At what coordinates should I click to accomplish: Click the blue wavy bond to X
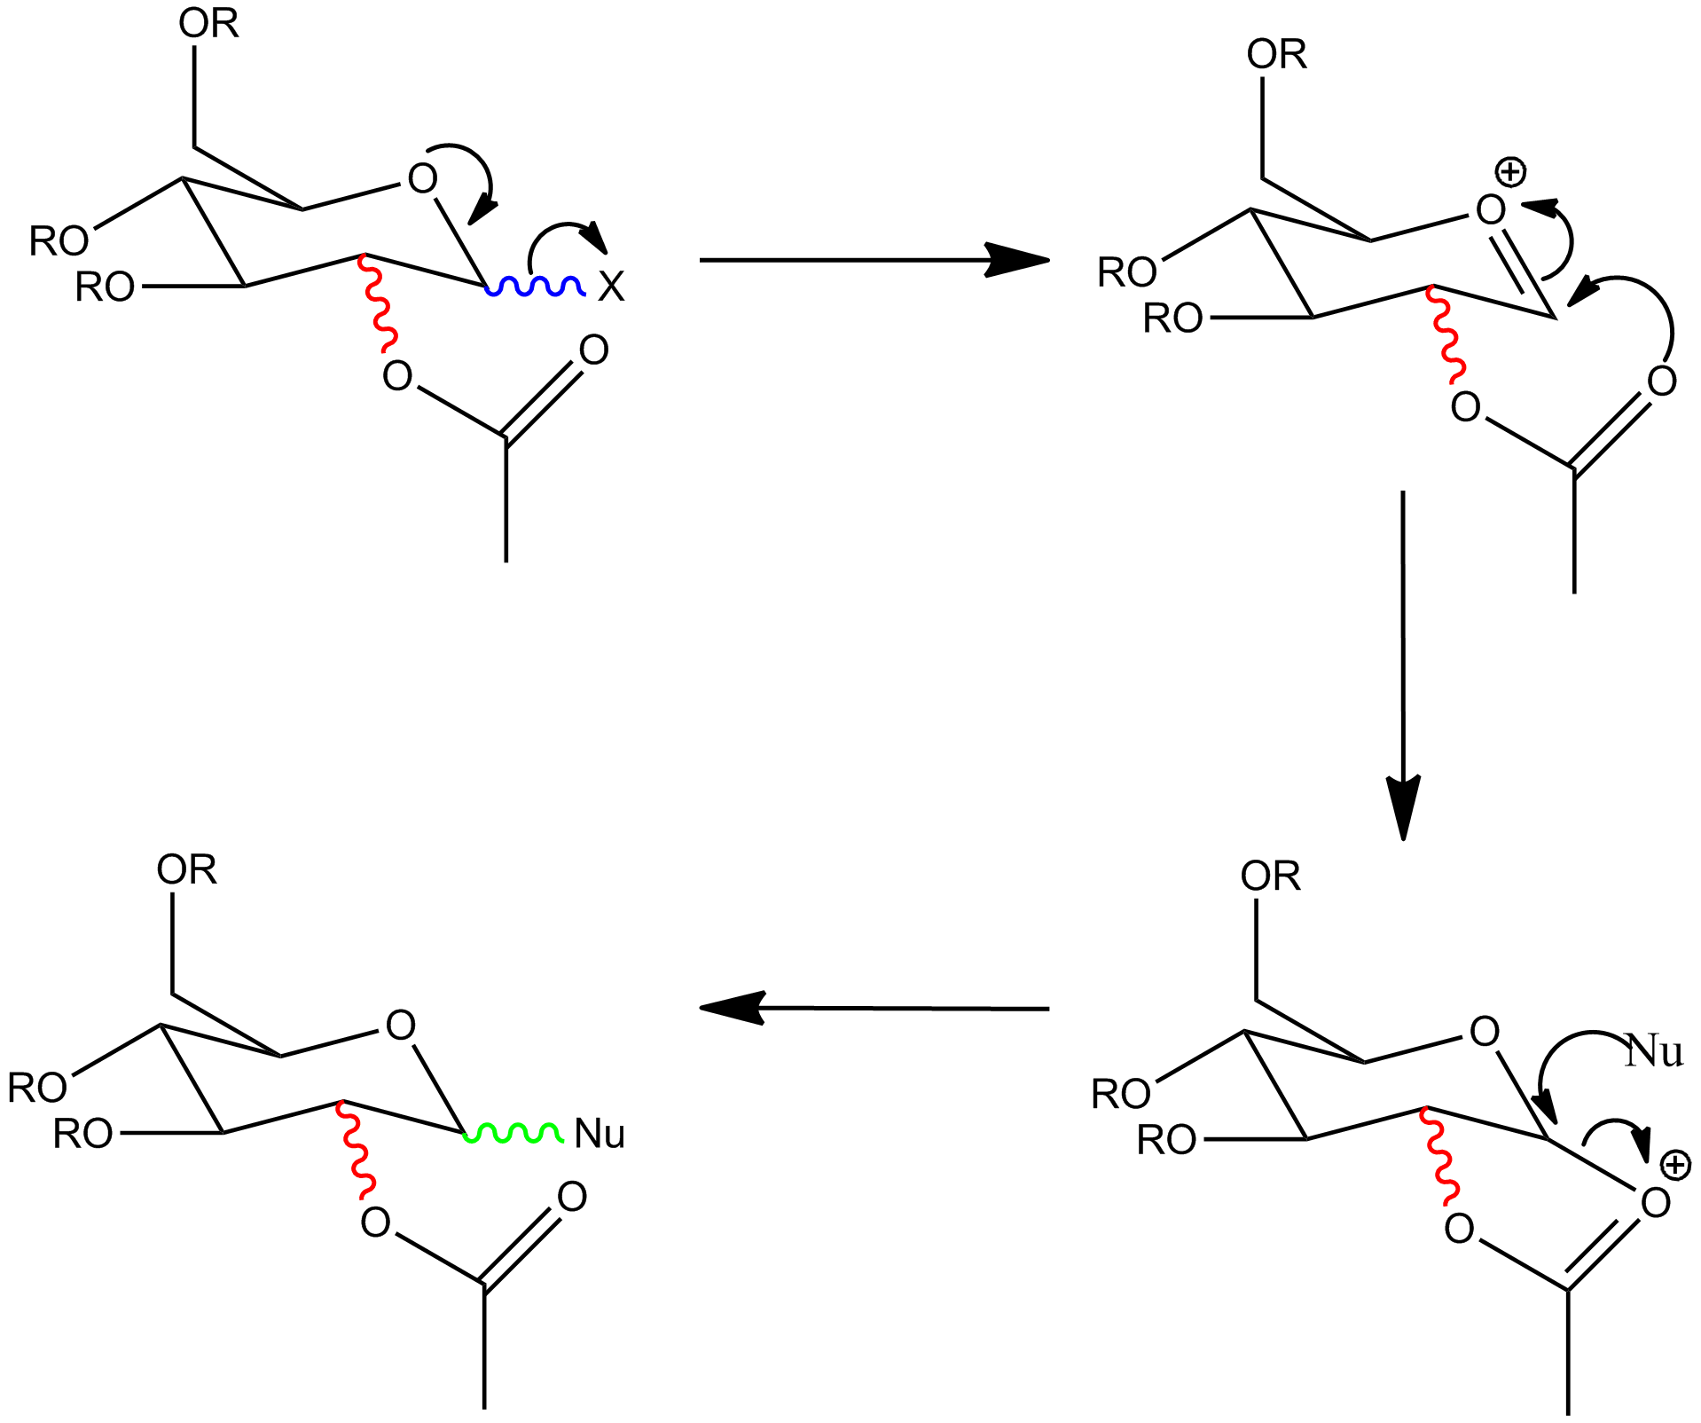[535, 287]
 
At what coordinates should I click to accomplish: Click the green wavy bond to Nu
[513, 1133]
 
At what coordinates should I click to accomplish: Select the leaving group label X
[611, 287]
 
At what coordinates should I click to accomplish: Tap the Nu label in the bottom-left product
[600, 1134]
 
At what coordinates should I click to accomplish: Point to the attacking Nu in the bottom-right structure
[1654, 1051]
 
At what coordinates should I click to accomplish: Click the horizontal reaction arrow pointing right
[874, 260]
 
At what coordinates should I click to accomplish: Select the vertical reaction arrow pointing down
[1403, 665]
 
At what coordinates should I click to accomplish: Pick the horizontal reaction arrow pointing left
[874, 1008]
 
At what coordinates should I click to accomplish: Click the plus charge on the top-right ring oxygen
[1510, 172]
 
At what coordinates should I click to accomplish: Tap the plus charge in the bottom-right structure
[1675, 1165]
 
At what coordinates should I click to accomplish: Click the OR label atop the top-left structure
[208, 23]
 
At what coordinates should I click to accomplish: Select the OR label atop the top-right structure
[1276, 54]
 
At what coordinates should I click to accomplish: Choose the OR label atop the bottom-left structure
[186, 869]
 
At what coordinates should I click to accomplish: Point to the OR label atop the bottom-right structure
[1270, 877]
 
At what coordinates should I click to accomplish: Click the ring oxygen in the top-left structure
[422, 178]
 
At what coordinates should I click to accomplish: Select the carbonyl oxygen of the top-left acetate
[593, 350]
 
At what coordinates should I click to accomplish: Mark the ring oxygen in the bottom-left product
[401, 1026]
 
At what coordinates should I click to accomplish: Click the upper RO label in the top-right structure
[1127, 272]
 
